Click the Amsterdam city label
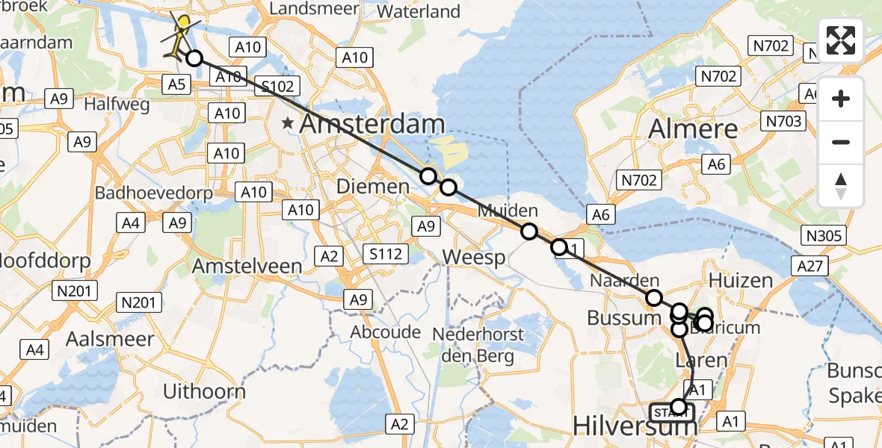(x=372, y=125)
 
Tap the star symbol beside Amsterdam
(x=288, y=123)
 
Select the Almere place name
(x=693, y=128)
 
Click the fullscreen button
(x=841, y=40)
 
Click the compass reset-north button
(x=841, y=186)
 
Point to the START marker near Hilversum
(x=671, y=412)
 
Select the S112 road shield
(x=386, y=254)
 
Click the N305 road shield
(x=825, y=236)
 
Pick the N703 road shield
(x=783, y=121)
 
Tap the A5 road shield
(x=176, y=84)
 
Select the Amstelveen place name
(x=247, y=267)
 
